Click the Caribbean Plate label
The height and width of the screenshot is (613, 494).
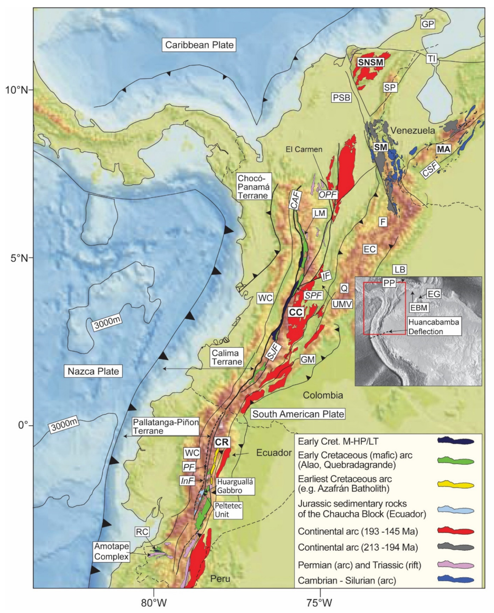pos(199,45)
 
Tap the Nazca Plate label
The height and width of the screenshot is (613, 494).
pos(93,371)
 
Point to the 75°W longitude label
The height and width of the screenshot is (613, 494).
pos(320,602)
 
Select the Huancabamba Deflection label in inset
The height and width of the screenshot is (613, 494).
pos(433,327)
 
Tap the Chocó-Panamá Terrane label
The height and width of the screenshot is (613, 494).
pos(253,187)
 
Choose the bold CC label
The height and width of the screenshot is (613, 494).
pos(296,312)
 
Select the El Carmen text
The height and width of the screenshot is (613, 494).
pos(304,149)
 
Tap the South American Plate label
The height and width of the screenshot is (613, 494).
pos(298,414)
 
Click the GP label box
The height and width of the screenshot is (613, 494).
pos(428,24)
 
